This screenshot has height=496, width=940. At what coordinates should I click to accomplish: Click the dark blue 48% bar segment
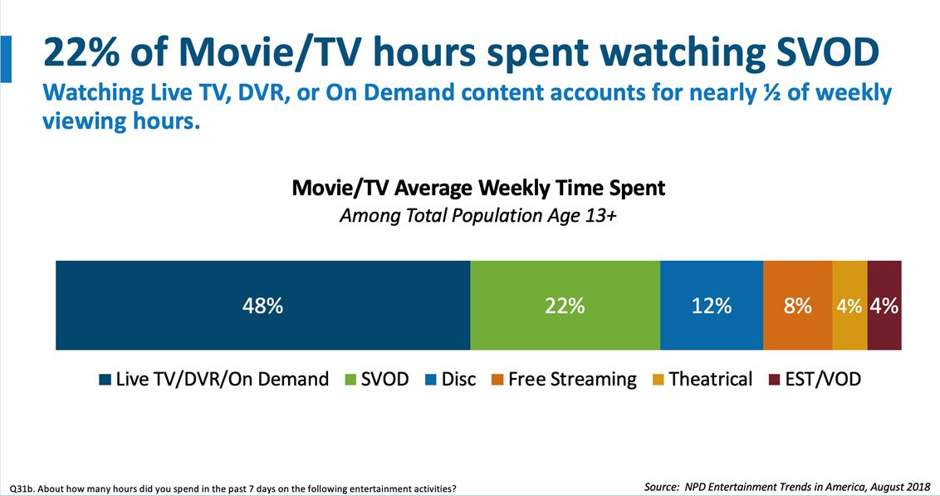click(x=262, y=305)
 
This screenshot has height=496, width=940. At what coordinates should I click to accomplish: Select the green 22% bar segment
click(x=565, y=305)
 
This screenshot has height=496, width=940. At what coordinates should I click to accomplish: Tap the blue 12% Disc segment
click(x=712, y=305)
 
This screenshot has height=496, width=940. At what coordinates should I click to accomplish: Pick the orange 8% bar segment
click(x=797, y=305)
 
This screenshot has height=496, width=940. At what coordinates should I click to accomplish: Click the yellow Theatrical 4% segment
click(x=849, y=305)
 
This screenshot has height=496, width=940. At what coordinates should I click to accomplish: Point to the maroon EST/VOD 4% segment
click(x=884, y=305)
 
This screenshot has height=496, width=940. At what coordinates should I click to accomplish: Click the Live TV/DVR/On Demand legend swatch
click(x=105, y=381)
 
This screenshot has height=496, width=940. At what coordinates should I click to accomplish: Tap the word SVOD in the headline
click(x=818, y=54)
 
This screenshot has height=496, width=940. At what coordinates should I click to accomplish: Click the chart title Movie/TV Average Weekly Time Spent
click(x=478, y=188)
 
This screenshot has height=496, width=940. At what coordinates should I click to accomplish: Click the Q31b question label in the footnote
click(x=22, y=488)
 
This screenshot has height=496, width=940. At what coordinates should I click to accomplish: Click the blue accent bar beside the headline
click(x=6, y=58)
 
